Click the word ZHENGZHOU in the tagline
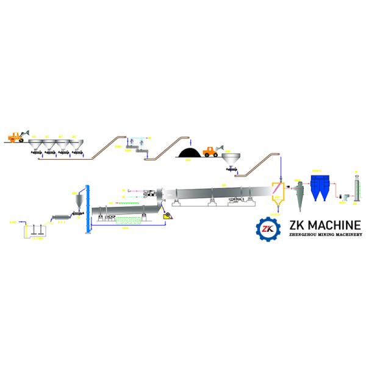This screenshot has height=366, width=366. [x=301, y=235]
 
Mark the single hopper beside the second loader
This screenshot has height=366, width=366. [x=231, y=159]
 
